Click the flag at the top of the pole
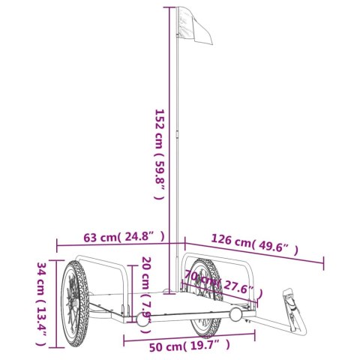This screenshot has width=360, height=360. tap(193, 29)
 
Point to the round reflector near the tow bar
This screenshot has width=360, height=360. tap(238, 314)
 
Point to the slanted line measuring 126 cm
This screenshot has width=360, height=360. tap(255, 253)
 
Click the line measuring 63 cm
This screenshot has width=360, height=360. tap(120, 244)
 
